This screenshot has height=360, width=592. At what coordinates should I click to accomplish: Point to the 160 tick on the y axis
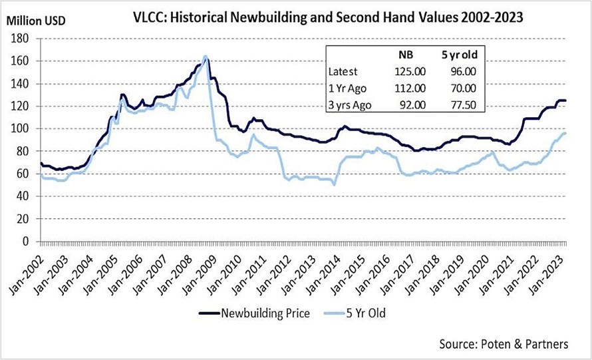pyautogui.click(x=24, y=61)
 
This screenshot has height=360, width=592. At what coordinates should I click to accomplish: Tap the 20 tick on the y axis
pyautogui.click(x=27, y=219)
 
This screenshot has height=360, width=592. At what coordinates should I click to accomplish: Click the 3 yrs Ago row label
pyautogui.click(x=351, y=104)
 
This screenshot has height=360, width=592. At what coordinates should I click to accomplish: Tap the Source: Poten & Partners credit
pyautogui.click(x=504, y=344)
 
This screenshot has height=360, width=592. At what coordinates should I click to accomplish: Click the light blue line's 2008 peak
pyautogui.click(x=205, y=56)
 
